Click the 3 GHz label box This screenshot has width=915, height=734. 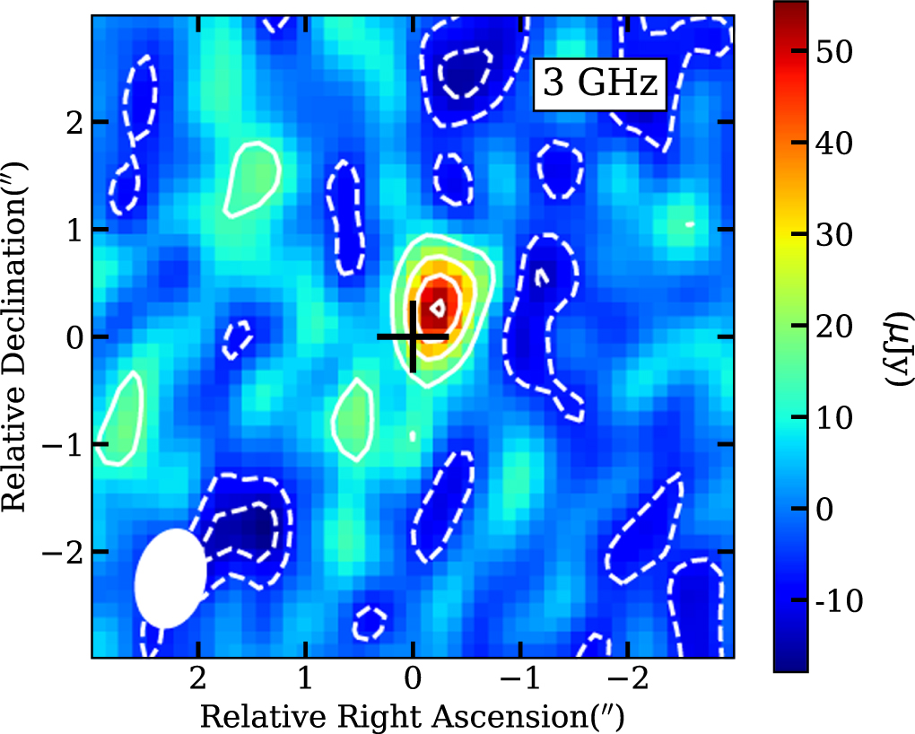600,85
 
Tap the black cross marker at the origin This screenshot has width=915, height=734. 412,336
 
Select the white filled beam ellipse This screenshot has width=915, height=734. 170,579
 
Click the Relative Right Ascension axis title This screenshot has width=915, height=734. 412,717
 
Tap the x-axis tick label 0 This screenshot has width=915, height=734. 412,680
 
